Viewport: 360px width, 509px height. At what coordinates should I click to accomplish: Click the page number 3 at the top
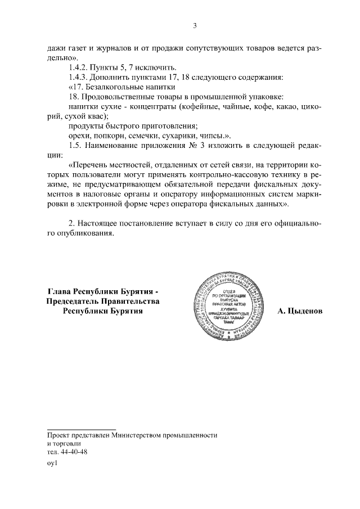point(194,25)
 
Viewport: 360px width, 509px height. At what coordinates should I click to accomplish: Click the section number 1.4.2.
point(78,67)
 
